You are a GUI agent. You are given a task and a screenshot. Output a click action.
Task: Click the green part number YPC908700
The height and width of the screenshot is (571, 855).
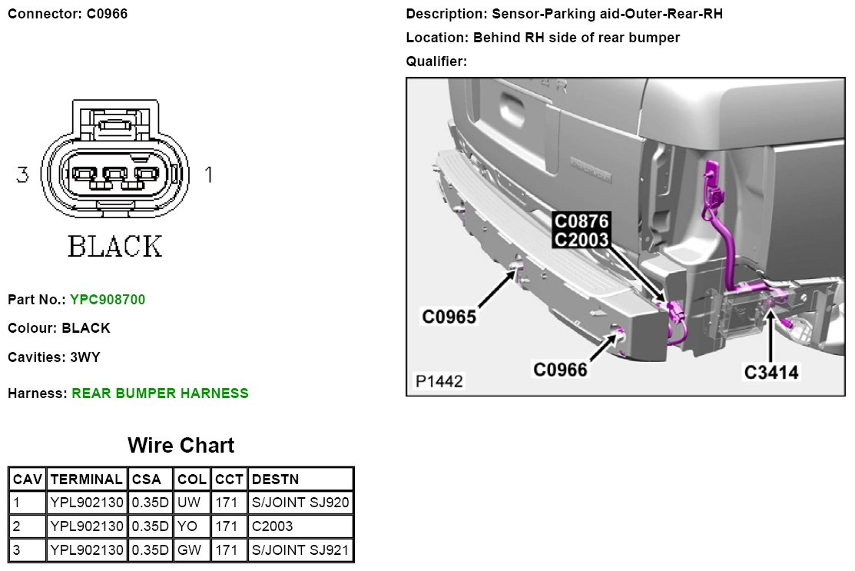pos(108,299)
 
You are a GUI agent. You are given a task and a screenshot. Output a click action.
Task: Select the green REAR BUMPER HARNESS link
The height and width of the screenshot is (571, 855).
pos(160,393)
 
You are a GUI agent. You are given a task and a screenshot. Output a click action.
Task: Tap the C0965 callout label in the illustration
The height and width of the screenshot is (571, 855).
pos(449,316)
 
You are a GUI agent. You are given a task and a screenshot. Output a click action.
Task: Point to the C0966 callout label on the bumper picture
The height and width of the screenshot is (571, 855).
pos(561,370)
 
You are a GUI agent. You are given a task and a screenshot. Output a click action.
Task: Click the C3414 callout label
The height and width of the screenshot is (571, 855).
pos(771,373)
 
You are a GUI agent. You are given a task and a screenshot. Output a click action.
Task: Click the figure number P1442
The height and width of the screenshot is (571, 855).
pos(439,381)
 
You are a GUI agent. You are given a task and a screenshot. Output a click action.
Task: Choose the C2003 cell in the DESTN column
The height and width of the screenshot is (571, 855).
pos(272,526)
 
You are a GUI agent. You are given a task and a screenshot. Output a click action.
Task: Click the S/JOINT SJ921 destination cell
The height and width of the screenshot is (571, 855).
pos(300,549)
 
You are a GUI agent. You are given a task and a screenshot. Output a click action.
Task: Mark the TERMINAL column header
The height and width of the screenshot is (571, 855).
pos(86,480)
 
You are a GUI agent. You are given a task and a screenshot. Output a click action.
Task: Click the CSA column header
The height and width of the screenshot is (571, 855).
pos(147,480)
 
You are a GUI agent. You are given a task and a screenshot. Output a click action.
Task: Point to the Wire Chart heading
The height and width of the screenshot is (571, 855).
pos(181,445)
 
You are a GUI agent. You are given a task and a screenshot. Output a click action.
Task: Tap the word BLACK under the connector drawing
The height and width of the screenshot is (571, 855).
pos(115,247)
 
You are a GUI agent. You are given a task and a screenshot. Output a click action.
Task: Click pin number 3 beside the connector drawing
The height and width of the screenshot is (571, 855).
pos(22,175)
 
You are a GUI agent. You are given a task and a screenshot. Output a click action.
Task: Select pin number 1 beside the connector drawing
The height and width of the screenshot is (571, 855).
pos(208,175)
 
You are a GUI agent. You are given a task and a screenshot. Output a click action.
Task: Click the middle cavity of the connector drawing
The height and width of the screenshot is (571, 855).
pos(114,175)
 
